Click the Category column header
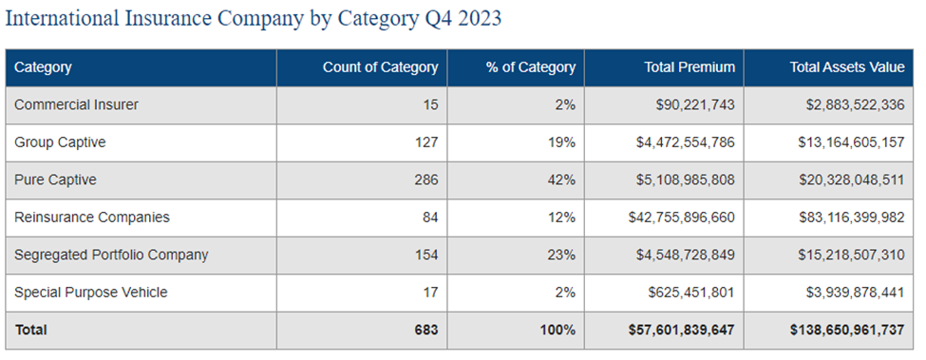pos(43,67)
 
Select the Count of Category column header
pos(380,67)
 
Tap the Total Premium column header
pos(690,67)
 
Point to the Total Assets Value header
pos(847,67)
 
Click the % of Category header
pos(530,67)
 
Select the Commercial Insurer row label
pos(76,105)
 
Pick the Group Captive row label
pos(60,142)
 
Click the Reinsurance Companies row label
pos(92,218)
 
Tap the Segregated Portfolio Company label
pos(111,255)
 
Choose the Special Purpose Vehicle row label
pos(90,293)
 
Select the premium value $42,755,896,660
pos(681,218)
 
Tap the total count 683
pos(425,330)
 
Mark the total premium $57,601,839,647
pos(681,330)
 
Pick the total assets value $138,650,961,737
pos(846,330)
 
